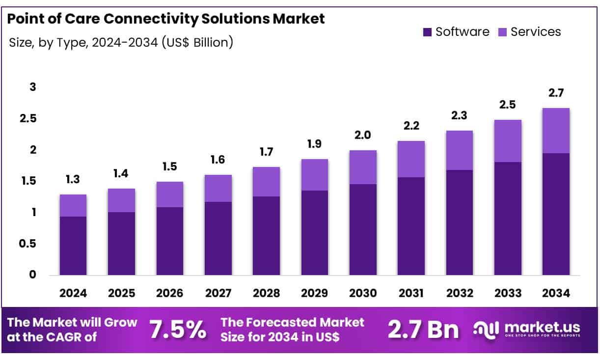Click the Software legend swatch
click(x=427, y=32)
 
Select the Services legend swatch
click(x=502, y=32)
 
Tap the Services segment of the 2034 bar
click(x=556, y=131)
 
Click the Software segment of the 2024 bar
click(x=73, y=246)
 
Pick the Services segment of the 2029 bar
click(x=315, y=175)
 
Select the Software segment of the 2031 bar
click(x=411, y=226)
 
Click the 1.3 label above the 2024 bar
click(x=73, y=180)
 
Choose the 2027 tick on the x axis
click(x=218, y=294)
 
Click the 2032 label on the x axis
click(x=459, y=294)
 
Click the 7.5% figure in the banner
click(x=178, y=330)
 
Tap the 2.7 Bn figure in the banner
click(x=423, y=330)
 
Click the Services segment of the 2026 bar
click(x=170, y=194)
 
